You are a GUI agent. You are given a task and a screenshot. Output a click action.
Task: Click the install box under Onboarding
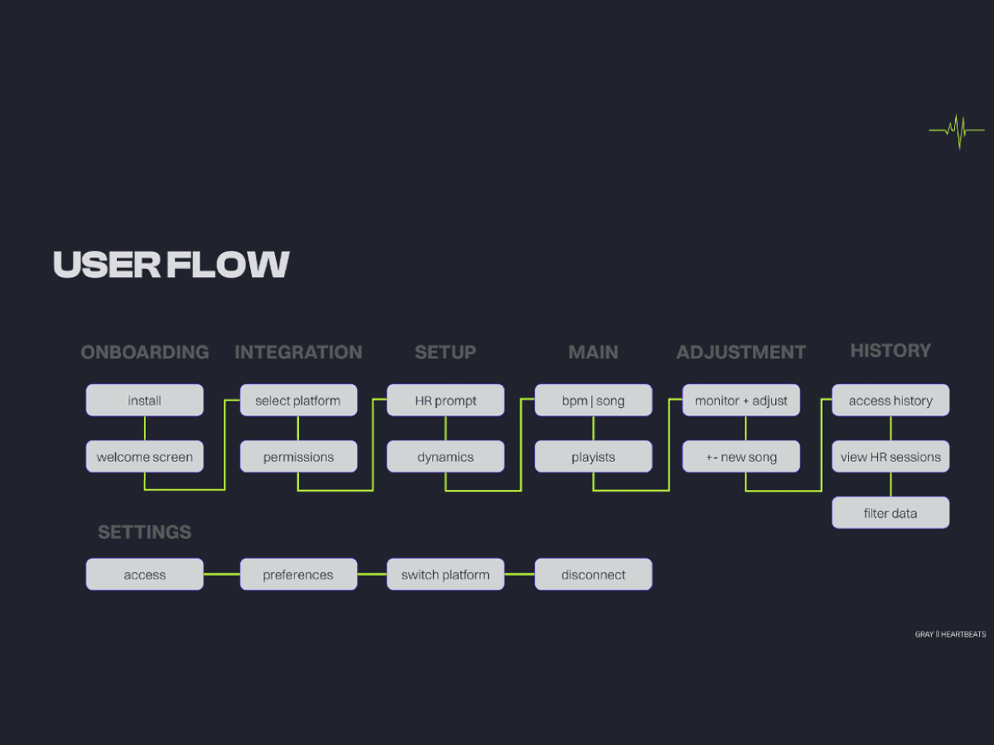[145, 401]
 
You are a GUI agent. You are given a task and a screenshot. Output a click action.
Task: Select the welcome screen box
[145, 457]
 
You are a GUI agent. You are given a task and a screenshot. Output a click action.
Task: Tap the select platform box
[298, 401]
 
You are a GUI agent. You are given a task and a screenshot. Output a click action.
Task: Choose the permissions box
[298, 457]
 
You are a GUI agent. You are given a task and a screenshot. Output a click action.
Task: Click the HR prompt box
[446, 401]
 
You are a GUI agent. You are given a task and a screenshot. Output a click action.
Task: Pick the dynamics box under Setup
[446, 457]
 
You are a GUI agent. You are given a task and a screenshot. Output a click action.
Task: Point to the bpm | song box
[593, 401]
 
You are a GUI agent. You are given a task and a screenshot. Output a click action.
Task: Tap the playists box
[593, 457]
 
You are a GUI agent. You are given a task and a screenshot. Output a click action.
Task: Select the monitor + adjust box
[741, 401]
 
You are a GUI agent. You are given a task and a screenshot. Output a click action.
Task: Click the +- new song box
[741, 457]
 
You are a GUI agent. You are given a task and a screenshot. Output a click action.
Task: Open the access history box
[890, 401]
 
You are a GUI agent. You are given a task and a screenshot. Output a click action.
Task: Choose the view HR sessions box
[890, 457]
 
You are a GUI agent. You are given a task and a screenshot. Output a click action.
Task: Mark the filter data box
[890, 513]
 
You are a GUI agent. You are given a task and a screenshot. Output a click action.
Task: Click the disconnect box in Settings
[593, 574]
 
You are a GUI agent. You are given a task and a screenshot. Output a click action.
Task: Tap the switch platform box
[446, 574]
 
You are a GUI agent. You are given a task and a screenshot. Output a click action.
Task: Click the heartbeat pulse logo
[958, 130]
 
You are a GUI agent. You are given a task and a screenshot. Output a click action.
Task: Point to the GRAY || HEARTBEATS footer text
[950, 635]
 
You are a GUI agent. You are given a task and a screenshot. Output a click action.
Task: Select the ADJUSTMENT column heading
[741, 353]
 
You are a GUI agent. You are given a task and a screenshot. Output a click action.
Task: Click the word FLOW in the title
[228, 265]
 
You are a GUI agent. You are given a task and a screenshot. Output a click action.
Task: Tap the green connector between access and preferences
[222, 574]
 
